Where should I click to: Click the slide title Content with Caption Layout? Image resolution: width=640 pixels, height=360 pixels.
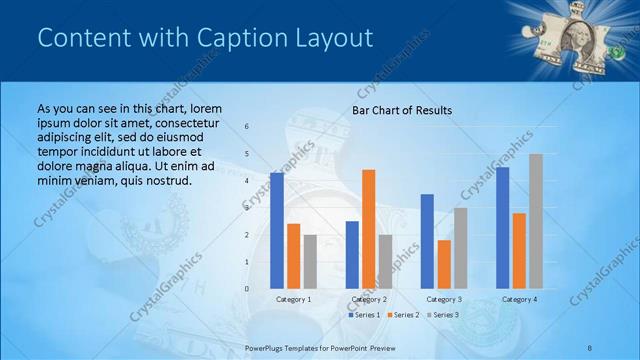[x=204, y=38]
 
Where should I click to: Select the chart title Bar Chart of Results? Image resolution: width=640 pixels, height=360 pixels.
[x=401, y=110]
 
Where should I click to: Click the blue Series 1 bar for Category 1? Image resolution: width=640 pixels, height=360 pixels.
[x=277, y=230]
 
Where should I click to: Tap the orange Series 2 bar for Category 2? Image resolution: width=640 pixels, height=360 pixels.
[x=369, y=229]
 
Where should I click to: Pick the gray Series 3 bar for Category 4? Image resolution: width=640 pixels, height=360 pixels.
[x=536, y=221]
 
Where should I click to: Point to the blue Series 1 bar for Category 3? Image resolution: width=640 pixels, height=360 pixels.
[x=427, y=241]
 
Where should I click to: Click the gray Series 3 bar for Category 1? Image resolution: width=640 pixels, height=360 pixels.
[x=310, y=261]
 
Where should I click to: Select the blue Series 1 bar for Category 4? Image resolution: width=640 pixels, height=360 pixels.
[x=502, y=227]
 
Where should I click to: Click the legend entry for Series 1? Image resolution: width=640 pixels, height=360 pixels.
[x=364, y=315]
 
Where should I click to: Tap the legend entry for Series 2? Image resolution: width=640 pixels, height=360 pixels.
[x=402, y=315]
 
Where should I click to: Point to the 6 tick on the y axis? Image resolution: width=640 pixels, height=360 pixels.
[x=247, y=126]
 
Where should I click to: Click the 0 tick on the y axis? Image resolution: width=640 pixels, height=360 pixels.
[x=247, y=288]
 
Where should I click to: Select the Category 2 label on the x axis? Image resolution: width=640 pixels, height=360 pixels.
[x=369, y=299]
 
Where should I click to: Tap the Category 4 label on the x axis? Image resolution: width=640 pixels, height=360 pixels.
[x=519, y=299]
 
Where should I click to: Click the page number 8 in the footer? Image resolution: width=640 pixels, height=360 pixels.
[x=590, y=346]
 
